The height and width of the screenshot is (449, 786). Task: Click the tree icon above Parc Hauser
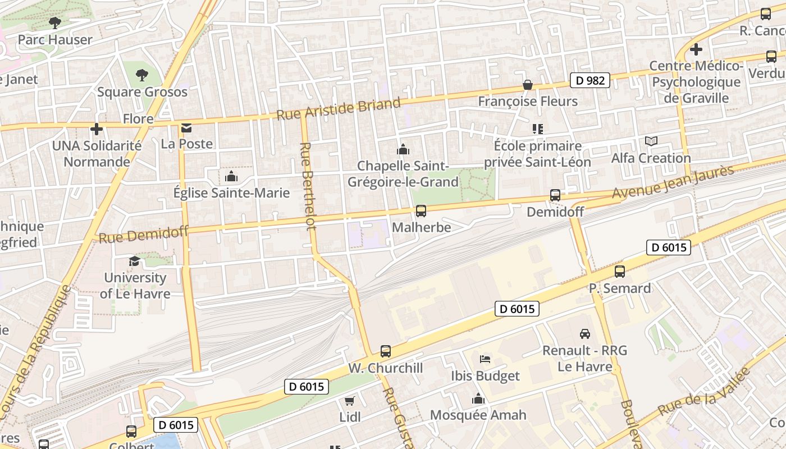(x=54, y=23)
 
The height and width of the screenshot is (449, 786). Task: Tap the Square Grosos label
(x=142, y=91)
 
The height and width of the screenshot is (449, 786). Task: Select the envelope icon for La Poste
(x=186, y=129)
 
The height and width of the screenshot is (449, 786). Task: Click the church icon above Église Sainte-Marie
(x=231, y=177)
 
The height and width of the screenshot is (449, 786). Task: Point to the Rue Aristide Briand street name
(x=339, y=108)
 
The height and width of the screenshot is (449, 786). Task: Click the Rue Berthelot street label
(x=307, y=186)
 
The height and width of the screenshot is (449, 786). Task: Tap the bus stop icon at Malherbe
(x=421, y=211)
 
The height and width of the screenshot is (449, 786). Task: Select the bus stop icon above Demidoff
(x=555, y=195)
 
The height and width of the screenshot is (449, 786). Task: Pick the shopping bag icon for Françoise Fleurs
(x=527, y=85)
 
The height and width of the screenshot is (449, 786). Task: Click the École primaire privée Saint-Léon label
(x=537, y=154)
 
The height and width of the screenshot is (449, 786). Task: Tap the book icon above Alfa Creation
(x=651, y=141)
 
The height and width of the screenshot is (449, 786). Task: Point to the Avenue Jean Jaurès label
(x=673, y=182)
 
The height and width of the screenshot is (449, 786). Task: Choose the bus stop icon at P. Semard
(x=619, y=272)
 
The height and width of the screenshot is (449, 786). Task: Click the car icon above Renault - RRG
(x=584, y=334)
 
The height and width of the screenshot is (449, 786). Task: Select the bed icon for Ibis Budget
(x=485, y=359)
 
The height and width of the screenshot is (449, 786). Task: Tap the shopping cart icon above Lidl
(x=349, y=401)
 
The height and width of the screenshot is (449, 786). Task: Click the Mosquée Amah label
(x=478, y=415)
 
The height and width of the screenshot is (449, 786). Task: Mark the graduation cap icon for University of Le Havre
(x=134, y=262)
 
